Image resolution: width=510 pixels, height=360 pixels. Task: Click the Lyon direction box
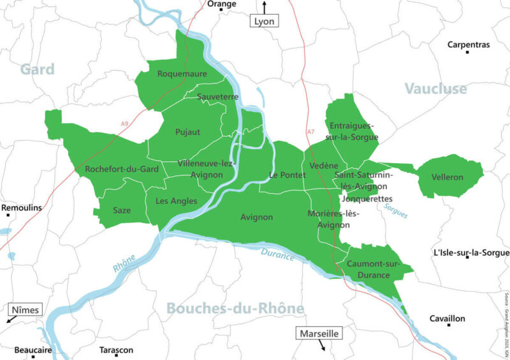(264, 21)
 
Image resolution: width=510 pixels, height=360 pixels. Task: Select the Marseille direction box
(319, 333)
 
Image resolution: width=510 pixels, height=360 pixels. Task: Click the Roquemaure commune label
(182, 74)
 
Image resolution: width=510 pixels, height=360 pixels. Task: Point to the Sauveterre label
(218, 97)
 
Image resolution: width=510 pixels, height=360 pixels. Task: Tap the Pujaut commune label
(187, 132)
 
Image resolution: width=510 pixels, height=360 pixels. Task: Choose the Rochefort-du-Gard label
(122, 169)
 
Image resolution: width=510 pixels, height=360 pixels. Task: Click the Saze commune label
(122, 210)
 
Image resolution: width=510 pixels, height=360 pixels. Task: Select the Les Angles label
(176, 201)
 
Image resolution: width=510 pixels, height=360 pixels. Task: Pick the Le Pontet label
(283, 175)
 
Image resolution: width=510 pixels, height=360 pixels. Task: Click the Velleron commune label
(447, 177)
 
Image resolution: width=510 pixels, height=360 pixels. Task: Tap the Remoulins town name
(22, 208)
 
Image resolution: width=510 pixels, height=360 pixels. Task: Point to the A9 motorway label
(125, 124)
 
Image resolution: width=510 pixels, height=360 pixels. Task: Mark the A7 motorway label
(311, 132)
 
